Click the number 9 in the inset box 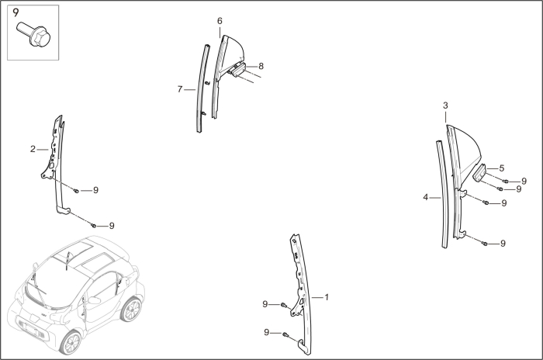tap(16, 12)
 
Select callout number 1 tap(327, 297)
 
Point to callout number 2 tap(33, 149)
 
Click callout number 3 tap(445, 105)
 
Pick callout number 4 tap(425, 198)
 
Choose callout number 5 tap(501, 168)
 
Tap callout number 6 tap(220, 20)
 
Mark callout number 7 tap(180, 90)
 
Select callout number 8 tap(261, 66)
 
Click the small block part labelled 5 tap(479, 172)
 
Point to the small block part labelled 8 tap(238, 70)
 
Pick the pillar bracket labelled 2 tap(56, 163)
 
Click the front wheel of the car tap(72, 341)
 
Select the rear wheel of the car tap(132, 309)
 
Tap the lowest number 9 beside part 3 tap(503, 244)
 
